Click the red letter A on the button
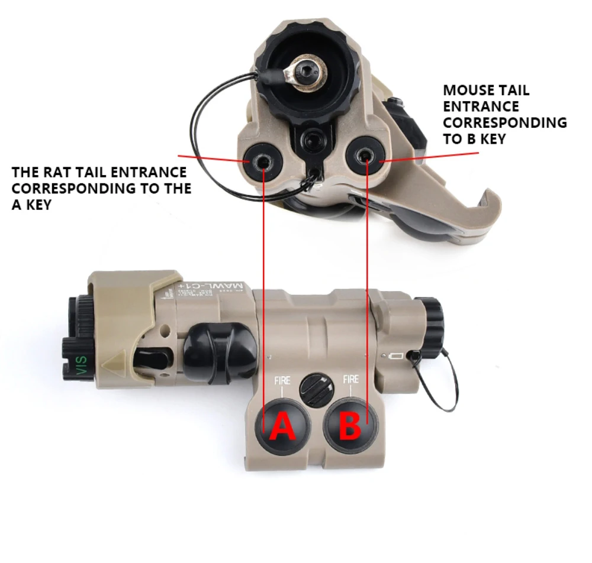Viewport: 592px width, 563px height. pyautogui.click(x=283, y=427)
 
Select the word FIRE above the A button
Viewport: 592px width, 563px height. pyautogui.click(x=282, y=380)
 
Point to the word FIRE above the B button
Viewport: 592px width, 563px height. pyautogui.click(x=351, y=378)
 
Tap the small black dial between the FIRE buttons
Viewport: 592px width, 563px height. pyautogui.click(x=317, y=389)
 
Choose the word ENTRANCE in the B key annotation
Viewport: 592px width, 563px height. pyautogui.click(x=481, y=106)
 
